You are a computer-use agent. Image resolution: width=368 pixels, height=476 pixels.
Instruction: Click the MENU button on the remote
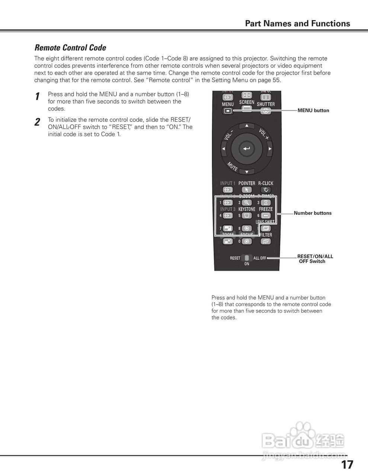pos(228,110)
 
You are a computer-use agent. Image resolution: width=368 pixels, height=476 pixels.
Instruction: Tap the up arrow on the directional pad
pos(246,126)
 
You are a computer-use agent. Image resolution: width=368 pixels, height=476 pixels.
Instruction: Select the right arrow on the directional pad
pos(270,149)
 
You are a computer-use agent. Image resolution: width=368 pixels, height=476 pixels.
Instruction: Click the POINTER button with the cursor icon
pos(247,190)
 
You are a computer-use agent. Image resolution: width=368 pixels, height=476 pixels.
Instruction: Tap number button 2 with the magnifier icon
pos(247,203)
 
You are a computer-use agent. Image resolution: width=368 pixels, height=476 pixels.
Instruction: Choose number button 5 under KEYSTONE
pos(247,216)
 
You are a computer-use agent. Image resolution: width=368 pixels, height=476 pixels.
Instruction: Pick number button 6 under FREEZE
pos(266,216)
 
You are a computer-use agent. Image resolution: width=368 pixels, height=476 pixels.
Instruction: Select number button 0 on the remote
pos(246,241)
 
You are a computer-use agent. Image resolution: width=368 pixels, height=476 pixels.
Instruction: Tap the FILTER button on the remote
pos(266,241)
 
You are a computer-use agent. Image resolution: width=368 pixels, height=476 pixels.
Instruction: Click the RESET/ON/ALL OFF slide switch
pos(247,258)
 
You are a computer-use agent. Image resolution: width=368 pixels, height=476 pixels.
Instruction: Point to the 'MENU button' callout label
pos(313,110)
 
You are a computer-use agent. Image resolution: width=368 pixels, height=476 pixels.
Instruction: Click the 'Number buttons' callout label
pos(313,213)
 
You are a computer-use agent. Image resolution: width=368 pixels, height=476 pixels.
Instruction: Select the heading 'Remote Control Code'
pos(70,48)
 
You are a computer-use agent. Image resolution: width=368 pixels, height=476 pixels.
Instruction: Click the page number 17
pos(347,465)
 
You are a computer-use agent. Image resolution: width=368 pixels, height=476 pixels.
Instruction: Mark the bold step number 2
pos(37,122)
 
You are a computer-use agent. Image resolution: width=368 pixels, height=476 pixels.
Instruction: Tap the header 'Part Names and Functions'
pos(297,23)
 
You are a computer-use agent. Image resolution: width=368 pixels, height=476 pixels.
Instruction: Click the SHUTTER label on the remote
pos(266,104)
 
